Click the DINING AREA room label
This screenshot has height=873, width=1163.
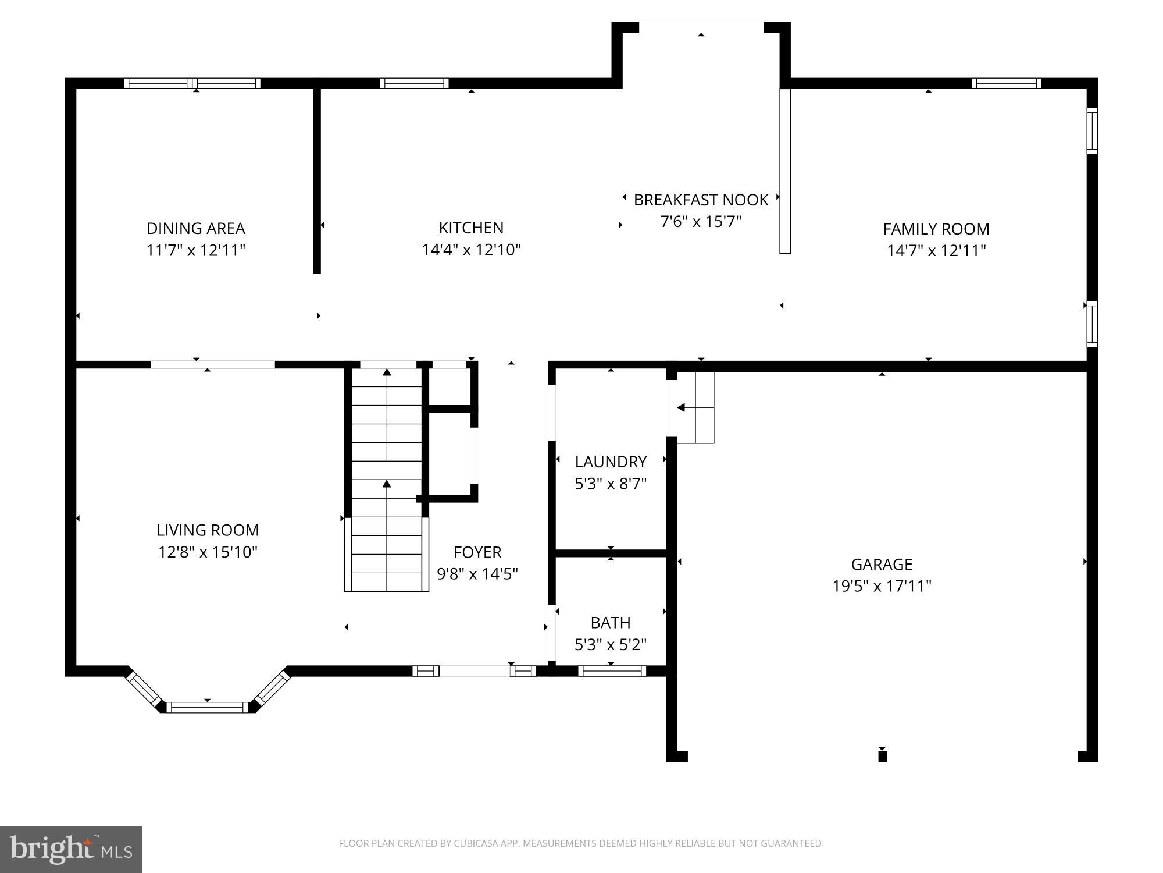(195, 228)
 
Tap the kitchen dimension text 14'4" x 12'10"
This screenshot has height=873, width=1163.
(471, 250)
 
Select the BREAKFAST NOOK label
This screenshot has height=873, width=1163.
(701, 200)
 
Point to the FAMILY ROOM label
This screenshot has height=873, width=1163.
(936, 229)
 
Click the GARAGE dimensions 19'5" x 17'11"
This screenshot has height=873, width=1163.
(882, 586)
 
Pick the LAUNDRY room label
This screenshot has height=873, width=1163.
(611, 462)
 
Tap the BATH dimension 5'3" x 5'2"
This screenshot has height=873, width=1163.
(611, 644)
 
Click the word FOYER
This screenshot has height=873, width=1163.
(477, 552)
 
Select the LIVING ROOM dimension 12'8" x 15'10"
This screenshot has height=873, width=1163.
(208, 552)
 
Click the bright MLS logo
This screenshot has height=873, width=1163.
(71, 849)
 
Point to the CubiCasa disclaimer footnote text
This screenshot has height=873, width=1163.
(581, 843)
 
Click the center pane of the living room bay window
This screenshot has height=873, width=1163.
(208, 707)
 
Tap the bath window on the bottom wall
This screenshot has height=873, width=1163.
(612, 671)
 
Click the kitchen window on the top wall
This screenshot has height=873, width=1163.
(414, 83)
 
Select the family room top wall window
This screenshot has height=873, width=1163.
(1006, 83)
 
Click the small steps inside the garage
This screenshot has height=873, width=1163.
(695, 407)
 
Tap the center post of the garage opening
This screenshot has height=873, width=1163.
(882, 756)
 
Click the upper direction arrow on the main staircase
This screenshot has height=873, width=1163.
(387, 372)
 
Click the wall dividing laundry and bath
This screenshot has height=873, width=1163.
(611, 553)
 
